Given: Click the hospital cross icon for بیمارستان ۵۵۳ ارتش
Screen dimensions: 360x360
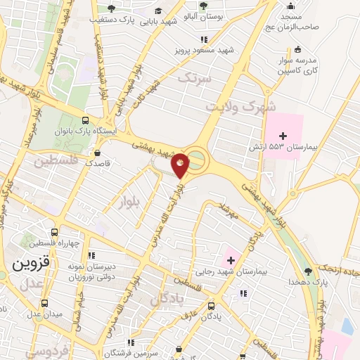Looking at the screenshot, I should pyautogui.click(x=283, y=135).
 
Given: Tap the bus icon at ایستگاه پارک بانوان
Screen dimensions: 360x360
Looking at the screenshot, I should pyautogui.click(x=86, y=120).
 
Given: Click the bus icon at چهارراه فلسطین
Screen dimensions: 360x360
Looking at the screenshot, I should pyautogui.click(x=55, y=233).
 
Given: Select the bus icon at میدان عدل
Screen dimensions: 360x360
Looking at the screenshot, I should pyautogui.click(x=46, y=304).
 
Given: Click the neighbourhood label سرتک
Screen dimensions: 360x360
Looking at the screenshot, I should pyautogui.click(x=194, y=78).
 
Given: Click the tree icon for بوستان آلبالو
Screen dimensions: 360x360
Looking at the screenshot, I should pyautogui.click(x=202, y=6).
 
